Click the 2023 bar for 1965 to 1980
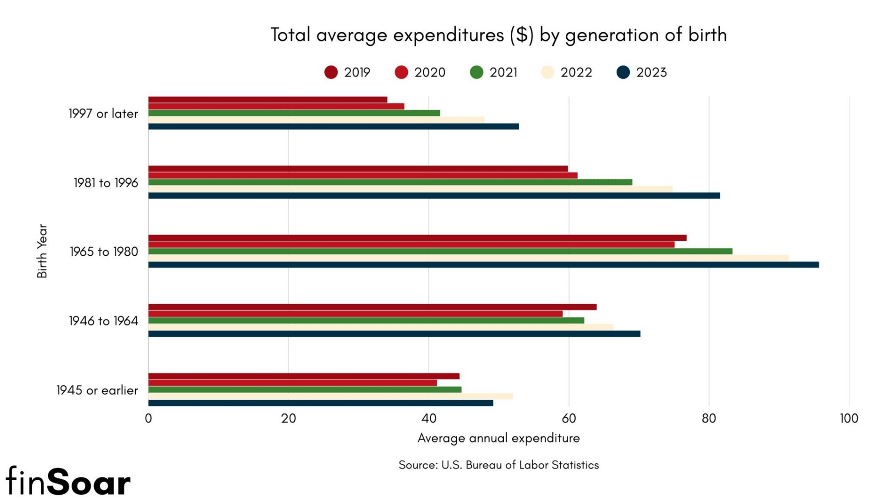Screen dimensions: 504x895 [x=483, y=265]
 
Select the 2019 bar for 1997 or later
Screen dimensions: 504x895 [x=268, y=99]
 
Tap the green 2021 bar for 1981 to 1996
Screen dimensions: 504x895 [x=390, y=182]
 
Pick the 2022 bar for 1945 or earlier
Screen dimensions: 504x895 [x=330, y=396]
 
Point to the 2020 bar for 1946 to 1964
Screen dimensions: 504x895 [x=355, y=314]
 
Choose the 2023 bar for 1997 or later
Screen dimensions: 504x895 [x=333, y=126]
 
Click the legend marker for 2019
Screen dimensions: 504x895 [x=331, y=72]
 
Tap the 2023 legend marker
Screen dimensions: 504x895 [x=623, y=72]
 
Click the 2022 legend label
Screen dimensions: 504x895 [x=576, y=72]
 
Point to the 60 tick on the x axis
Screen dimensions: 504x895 [x=569, y=418]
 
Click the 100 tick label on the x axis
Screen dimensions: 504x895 [x=849, y=418]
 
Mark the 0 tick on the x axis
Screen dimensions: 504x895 [x=148, y=418]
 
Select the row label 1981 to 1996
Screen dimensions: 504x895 [x=106, y=182]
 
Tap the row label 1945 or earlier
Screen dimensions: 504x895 [x=97, y=390]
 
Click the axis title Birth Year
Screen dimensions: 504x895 [x=42, y=251]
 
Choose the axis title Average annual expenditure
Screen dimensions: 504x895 [x=498, y=438]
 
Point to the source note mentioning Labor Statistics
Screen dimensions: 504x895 [x=498, y=465]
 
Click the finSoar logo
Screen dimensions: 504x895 [x=68, y=482]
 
